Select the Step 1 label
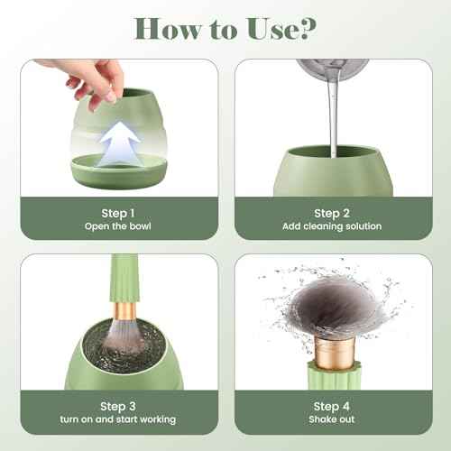coord(119,212)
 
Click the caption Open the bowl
coord(119,225)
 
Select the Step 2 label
coord(332,212)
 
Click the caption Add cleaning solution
coord(332,225)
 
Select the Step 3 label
coord(119,406)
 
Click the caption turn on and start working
coord(119,419)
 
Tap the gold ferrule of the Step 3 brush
coord(124,310)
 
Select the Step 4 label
coord(332,406)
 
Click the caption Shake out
coord(332,419)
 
